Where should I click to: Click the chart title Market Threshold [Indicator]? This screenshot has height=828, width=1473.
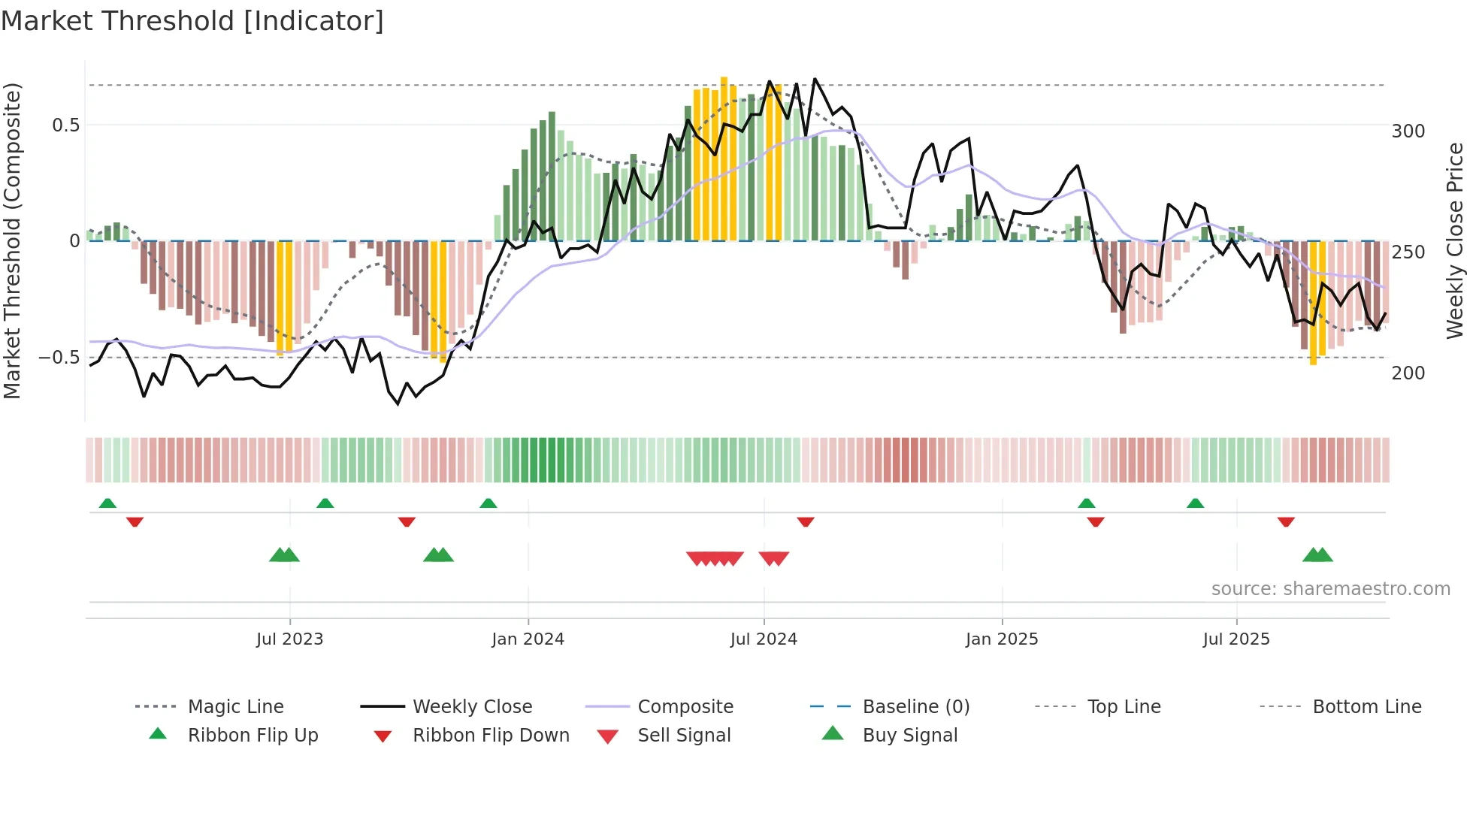pyautogui.click(x=192, y=21)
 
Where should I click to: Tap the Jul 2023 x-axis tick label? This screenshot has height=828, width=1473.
pyautogui.click(x=289, y=639)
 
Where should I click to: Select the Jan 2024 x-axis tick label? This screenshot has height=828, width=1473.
pyautogui.click(x=528, y=639)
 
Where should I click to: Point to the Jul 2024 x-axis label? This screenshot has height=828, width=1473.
pyautogui.click(x=764, y=639)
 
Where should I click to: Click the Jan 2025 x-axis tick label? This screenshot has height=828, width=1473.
pyautogui.click(x=1002, y=639)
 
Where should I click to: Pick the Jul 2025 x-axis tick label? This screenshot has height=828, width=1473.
pyautogui.click(x=1236, y=639)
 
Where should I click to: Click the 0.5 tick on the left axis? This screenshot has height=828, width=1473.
pyautogui.click(x=66, y=125)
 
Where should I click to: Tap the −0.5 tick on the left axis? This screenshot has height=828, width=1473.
pyautogui.click(x=59, y=358)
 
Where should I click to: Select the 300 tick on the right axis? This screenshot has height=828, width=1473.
pyautogui.click(x=1408, y=131)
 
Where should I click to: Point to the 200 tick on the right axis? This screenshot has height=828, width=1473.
pyautogui.click(x=1408, y=373)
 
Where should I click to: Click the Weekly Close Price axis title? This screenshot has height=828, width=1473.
pyautogui.click(x=1456, y=240)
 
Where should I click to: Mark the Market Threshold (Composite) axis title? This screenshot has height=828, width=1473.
pyautogui.click(x=13, y=240)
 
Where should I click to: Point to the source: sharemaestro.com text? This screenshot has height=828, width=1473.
pyautogui.click(x=1330, y=589)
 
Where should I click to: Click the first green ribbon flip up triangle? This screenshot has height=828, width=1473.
pyautogui.click(x=107, y=503)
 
